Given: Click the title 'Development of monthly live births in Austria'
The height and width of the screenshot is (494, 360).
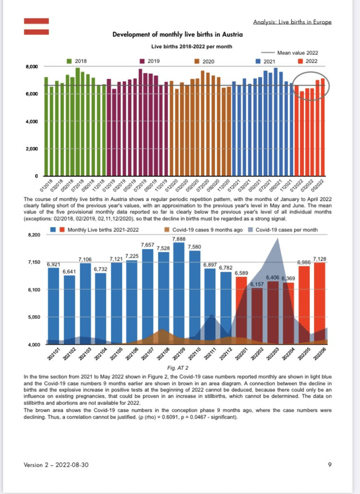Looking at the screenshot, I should pos(178,35).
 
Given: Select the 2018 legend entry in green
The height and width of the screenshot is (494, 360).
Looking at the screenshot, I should pos(78,61).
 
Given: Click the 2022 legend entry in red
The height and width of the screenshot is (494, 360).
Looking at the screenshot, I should pos(308,61).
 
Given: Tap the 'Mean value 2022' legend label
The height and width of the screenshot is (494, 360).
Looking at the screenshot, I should pos(297,52).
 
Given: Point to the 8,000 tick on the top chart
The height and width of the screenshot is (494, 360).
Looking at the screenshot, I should pos(30,66).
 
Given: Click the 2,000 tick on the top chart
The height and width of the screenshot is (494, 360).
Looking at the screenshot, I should pos(30,148).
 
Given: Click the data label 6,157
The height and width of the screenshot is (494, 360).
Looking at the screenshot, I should pos(256,284).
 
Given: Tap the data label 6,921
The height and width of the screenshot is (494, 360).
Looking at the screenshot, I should pos(53,264).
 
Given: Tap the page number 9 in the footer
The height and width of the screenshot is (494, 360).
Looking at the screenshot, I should pos(330,465).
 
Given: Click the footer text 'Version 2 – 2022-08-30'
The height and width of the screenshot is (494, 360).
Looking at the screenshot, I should pos(56,465).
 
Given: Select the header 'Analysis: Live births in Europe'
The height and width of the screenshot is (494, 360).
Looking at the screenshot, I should pos(293,22).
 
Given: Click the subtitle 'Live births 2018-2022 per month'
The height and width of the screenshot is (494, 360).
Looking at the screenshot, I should pos(191,46).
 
